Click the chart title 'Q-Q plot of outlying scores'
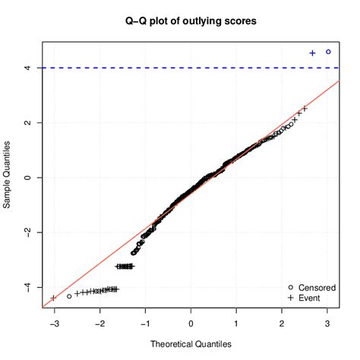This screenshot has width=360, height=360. coord(191,21)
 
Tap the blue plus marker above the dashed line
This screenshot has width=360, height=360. coord(312,53)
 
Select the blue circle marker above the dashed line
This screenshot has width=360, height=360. coord(328,52)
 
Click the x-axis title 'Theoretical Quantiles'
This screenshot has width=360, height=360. coord(191,346)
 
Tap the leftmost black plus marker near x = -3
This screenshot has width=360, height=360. coord(53,298)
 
